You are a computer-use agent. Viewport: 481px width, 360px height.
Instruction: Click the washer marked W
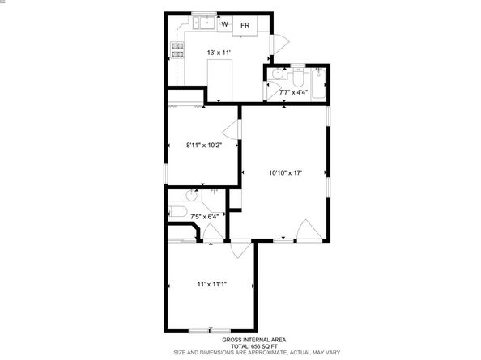pos(224,25)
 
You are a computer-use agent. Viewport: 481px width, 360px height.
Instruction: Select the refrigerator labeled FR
pos(245,26)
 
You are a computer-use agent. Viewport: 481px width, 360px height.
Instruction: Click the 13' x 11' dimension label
pos(219,53)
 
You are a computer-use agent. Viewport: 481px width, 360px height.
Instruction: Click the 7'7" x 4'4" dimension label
pos(293,92)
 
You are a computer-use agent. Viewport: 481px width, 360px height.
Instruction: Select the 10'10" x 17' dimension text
pos(285,172)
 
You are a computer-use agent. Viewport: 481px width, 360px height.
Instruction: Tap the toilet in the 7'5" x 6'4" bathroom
pos(179,213)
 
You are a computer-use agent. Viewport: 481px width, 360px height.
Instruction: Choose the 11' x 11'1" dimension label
pos(211,283)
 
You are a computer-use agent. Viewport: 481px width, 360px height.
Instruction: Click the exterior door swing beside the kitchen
pos(277,44)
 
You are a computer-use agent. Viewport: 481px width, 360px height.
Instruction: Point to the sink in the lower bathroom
pos(193,196)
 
